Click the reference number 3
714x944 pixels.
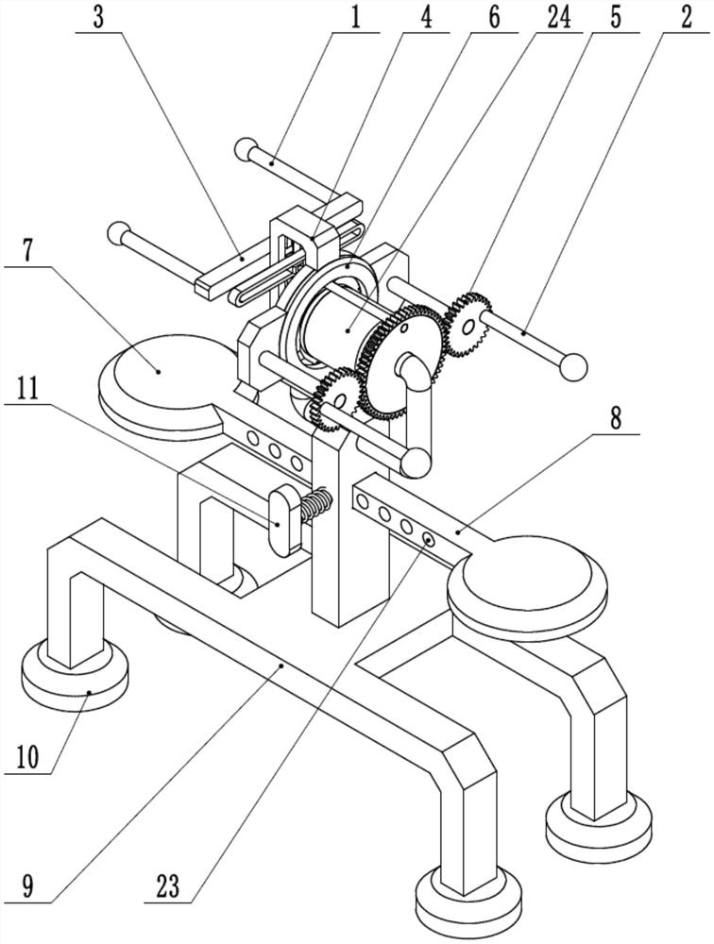pyautogui.click(x=99, y=18)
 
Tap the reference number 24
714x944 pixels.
pyautogui.click(x=558, y=18)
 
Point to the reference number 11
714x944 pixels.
pyautogui.click(x=26, y=390)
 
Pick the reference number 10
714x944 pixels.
pyautogui.click(x=26, y=757)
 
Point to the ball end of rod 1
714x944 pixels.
pyautogui.click(x=246, y=148)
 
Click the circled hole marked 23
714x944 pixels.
pyautogui.click(x=429, y=538)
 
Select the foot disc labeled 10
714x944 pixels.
pyautogui.click(x=75, y=676)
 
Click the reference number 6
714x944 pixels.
pyautogui.click(x=494, y=18)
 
